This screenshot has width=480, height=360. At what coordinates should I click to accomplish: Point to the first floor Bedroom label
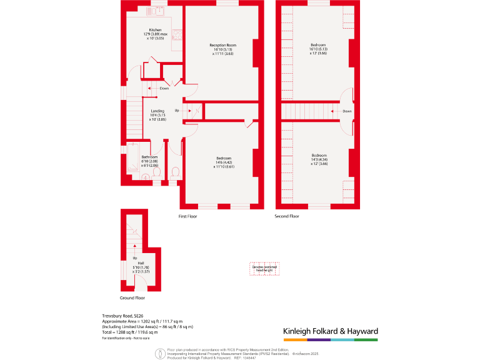click(x=223, y=162)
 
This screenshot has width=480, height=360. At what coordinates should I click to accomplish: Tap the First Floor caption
click(x=188, y=216)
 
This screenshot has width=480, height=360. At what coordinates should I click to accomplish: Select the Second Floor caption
click(x=287, y=216)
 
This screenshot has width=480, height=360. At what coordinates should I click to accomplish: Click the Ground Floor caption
click(x=132, y=298)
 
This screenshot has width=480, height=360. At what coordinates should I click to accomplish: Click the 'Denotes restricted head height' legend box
click(x=264, y=268)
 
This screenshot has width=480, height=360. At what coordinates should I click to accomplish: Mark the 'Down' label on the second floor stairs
click(x=347, y=111)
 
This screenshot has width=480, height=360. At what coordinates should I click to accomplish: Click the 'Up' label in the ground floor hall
click(x=134, y=257)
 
